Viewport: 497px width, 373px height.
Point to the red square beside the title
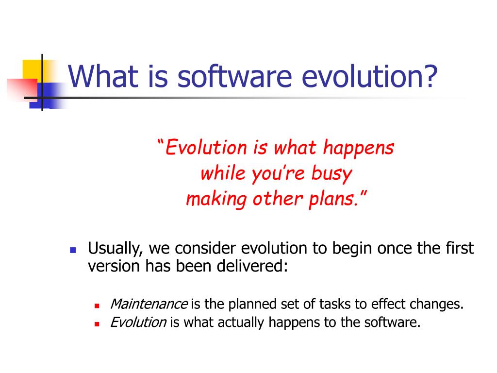(x=22, y=89)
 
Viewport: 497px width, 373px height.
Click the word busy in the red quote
(x=331, y=174)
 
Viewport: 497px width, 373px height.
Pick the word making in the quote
(x=216, y=199)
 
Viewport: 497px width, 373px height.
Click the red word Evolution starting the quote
(x=206, y=148)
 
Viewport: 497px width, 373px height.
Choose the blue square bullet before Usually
(x=73, y=250)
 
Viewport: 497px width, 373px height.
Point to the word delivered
(x=252, y=266)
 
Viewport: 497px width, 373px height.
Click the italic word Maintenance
(x=149, y=304)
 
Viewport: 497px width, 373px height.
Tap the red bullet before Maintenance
(x=97, y=306)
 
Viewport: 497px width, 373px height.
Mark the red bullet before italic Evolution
(x=97, y=324)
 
